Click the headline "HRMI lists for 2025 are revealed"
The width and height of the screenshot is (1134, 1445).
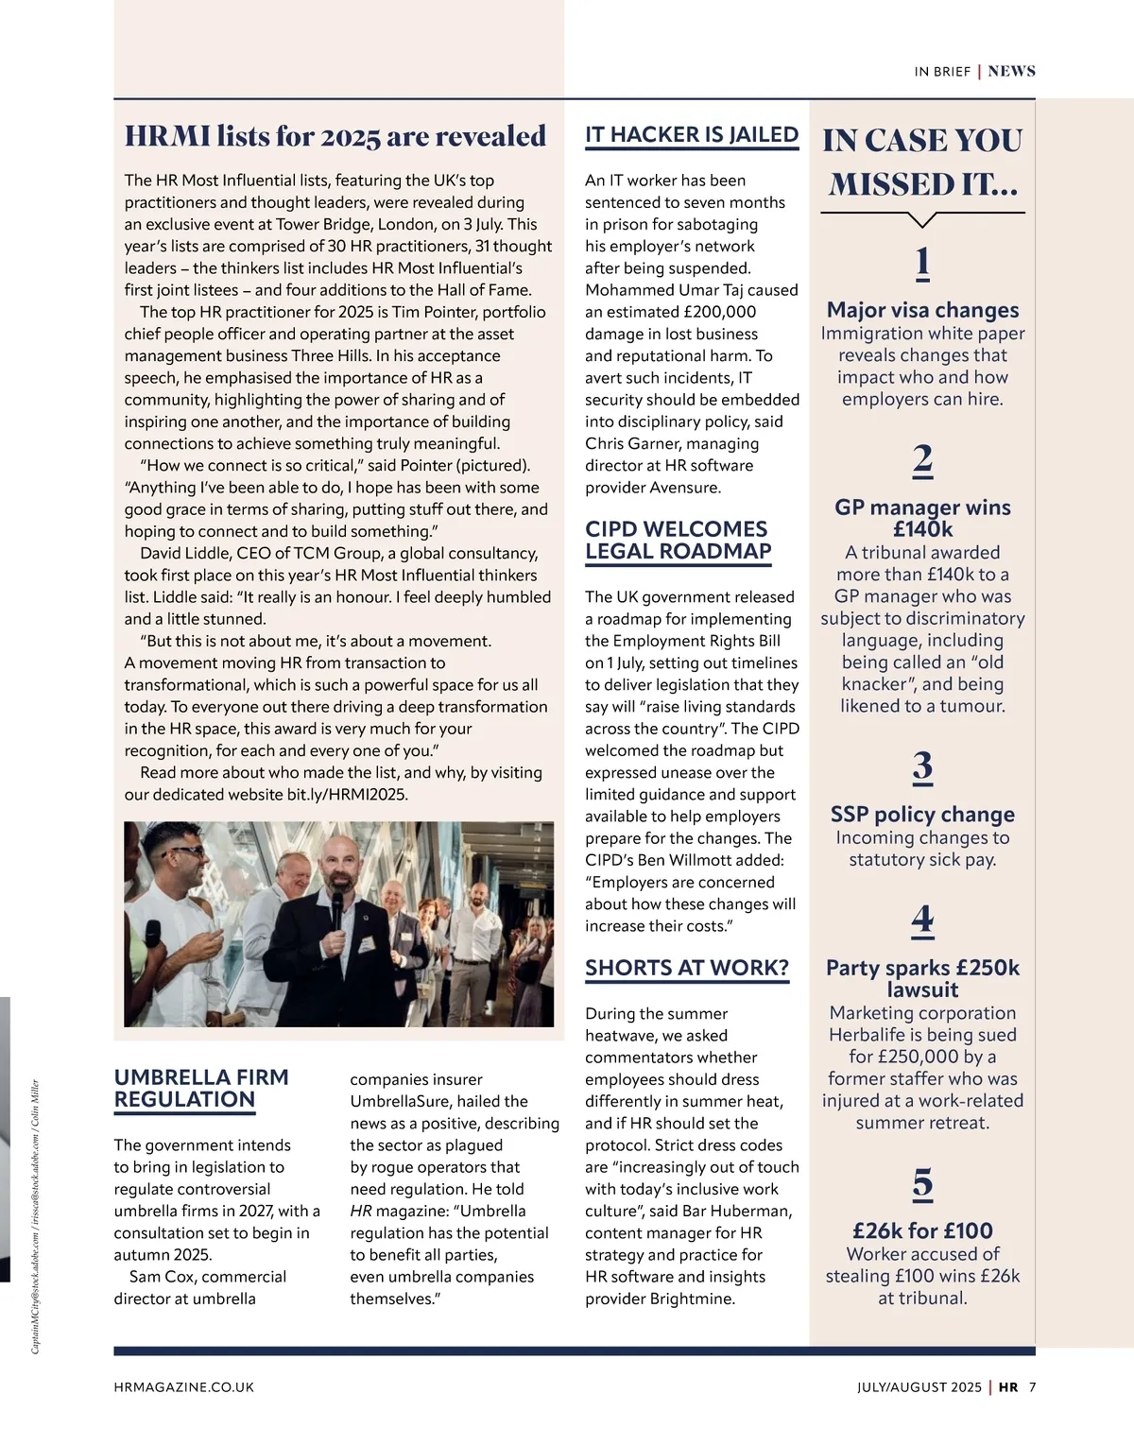coord(335,137)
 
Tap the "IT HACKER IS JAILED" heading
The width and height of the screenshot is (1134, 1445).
coord(692,135)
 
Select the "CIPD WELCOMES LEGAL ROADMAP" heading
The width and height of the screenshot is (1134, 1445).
coord(678,541)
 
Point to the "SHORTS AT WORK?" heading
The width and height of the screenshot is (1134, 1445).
coord(687,968)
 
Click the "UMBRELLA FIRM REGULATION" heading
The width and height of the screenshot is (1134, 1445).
coord(201,1089)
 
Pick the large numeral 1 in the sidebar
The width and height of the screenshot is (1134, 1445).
coord(923,262)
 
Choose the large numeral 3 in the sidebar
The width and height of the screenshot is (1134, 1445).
coord(923,766)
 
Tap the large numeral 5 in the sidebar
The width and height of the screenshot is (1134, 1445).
coord(923,1183)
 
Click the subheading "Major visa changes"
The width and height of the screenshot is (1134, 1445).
coord(923,310)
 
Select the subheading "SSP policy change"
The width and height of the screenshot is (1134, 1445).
coord(923,815)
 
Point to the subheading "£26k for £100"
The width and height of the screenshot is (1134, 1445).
coord(923,1230)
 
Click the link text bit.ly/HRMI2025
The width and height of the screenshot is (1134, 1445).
coord(347,795)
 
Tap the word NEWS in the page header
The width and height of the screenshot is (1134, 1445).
coord(1012,72)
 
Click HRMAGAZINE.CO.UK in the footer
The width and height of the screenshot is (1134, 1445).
coord(184,1387)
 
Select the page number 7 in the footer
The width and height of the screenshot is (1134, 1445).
coord(1033,1387)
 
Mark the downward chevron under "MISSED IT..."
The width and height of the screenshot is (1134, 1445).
coord(922,220)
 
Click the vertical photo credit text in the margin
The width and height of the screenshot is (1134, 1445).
coord(36,1216)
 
